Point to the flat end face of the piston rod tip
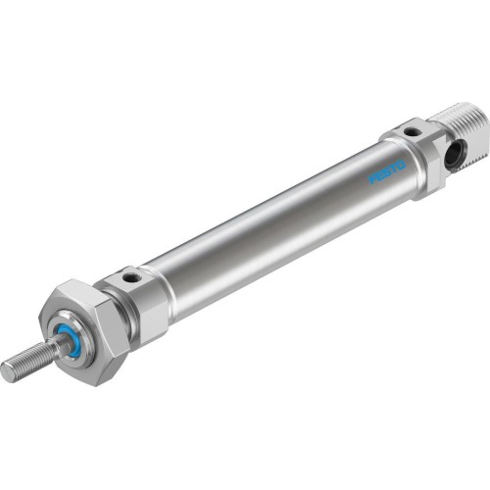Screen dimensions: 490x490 pyautogui.click(x=8, y=370)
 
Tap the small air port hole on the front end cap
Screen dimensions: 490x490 pyautogui.click(x=127, y=280)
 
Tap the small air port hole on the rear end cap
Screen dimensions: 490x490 pyautogui.click(x=413, y=130)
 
